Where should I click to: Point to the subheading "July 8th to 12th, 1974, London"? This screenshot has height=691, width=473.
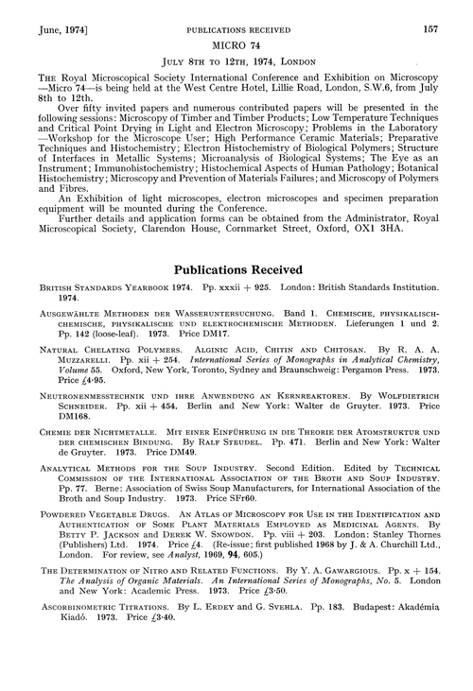pos(236,46)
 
